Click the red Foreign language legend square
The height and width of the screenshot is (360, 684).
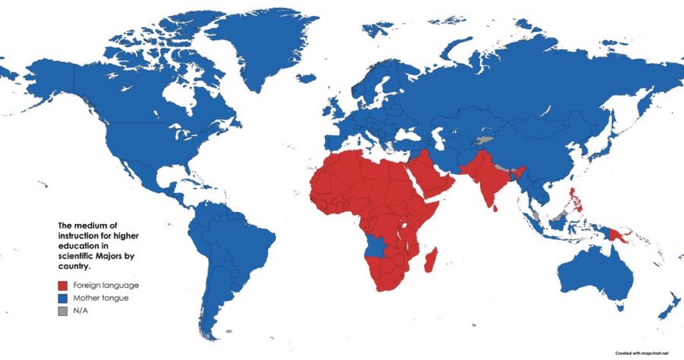(x=63, y=285)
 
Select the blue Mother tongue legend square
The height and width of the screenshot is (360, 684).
(x=63, y=298)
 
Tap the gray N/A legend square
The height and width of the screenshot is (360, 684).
(x=63, y=311)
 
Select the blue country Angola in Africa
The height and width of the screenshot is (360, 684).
(x=378, y=245)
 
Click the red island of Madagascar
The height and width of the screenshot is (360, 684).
(x=432, y=260)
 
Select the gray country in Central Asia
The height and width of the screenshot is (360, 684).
(x=483, y=140)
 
